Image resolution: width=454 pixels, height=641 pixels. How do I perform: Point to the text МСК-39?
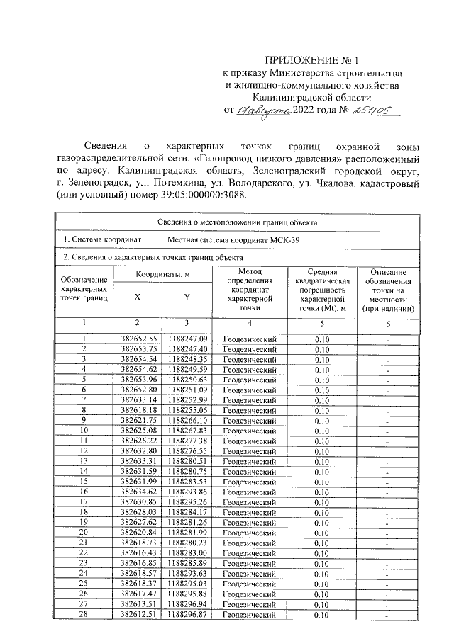click(x=284, y=240)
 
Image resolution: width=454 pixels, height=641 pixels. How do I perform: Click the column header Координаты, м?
click(x=161, y=274)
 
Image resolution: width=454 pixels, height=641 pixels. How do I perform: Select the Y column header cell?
click(x=187, y=297)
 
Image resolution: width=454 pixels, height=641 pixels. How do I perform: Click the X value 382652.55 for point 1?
click(x=138, y=339)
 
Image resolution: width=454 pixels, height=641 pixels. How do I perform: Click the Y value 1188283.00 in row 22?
click(x=187, y=551)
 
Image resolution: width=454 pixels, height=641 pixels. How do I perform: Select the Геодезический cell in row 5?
click(x=250, y=379)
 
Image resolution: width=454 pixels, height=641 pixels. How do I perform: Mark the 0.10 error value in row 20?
click(x=322, y=531)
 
